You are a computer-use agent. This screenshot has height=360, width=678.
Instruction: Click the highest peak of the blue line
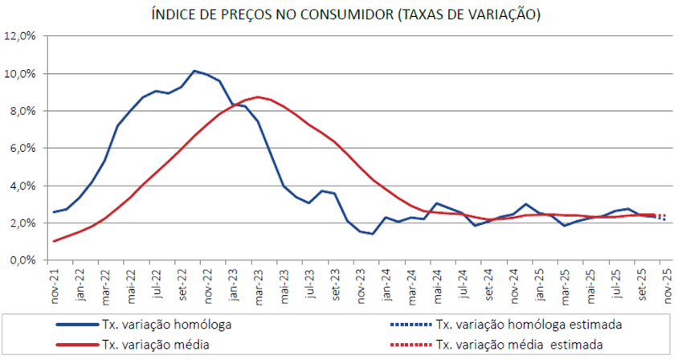[x=195, y=70]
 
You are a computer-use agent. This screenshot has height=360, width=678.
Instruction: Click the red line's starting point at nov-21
[x=51, y=241]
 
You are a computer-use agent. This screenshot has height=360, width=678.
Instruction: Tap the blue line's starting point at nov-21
[x=51, y=213]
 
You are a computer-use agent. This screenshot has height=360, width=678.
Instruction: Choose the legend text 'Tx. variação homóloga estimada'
[x=528, y=325]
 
